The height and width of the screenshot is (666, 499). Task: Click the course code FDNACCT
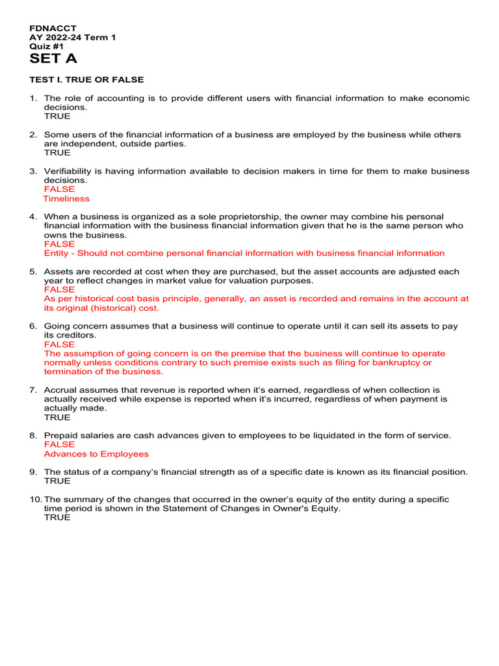[x=53, y=29]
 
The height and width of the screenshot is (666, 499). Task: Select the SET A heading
[x=53, y=59]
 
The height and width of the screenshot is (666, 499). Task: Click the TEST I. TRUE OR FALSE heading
[x=86, y=79]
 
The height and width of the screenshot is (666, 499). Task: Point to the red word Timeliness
[x=66, y=198]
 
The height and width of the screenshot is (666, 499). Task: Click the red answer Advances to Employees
[x=96, y=454]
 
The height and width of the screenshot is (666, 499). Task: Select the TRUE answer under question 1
[x=57, y=116]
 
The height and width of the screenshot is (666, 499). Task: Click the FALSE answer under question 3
[x=59, y=189]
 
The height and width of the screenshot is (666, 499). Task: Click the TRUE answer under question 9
[x=57, y=481]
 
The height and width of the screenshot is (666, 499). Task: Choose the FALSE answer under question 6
[x=59, y=344]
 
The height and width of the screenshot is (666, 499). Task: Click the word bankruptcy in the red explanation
[x=396, y=362]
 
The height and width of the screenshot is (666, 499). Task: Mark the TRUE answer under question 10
[x=57, y=518]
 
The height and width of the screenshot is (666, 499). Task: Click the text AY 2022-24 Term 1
[x=73, y=38]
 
